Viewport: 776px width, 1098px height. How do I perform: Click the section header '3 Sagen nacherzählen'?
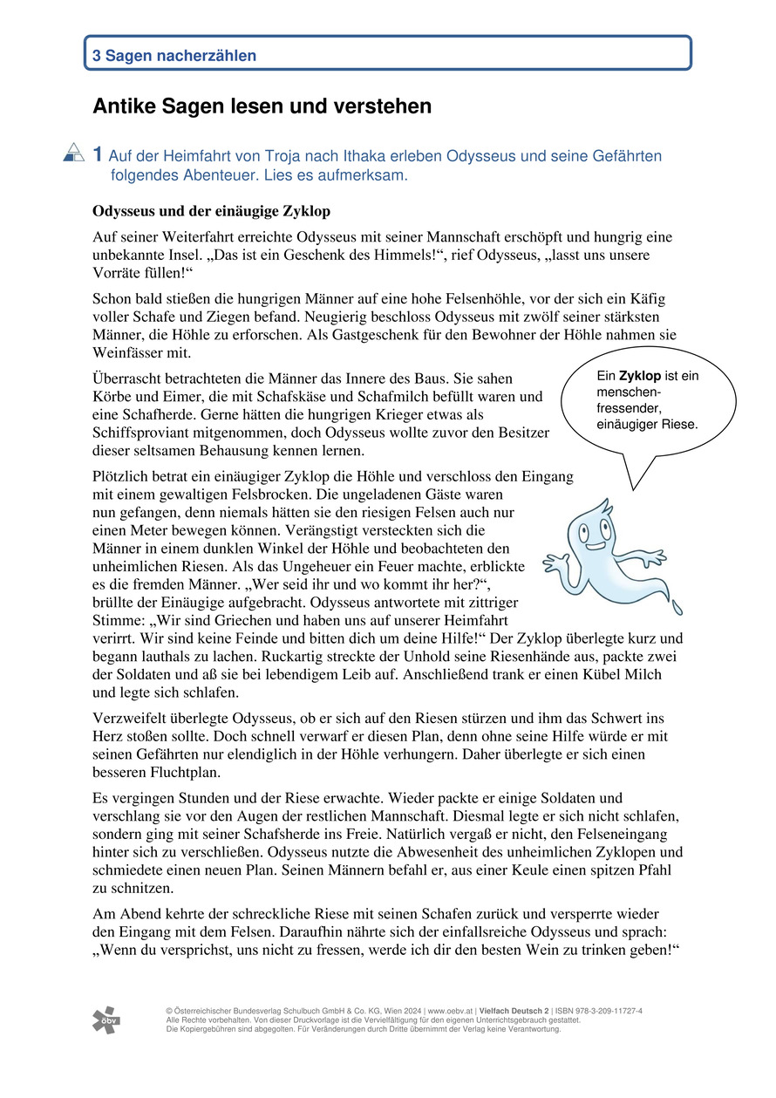coord(174,56)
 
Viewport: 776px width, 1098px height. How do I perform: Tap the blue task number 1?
coord(99,155)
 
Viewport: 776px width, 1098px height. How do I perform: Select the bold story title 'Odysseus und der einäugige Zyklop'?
coord(211,212)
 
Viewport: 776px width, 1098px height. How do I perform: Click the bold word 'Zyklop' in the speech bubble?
coord(639,376)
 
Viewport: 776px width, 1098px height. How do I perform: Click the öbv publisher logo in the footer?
coord(106,1020)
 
